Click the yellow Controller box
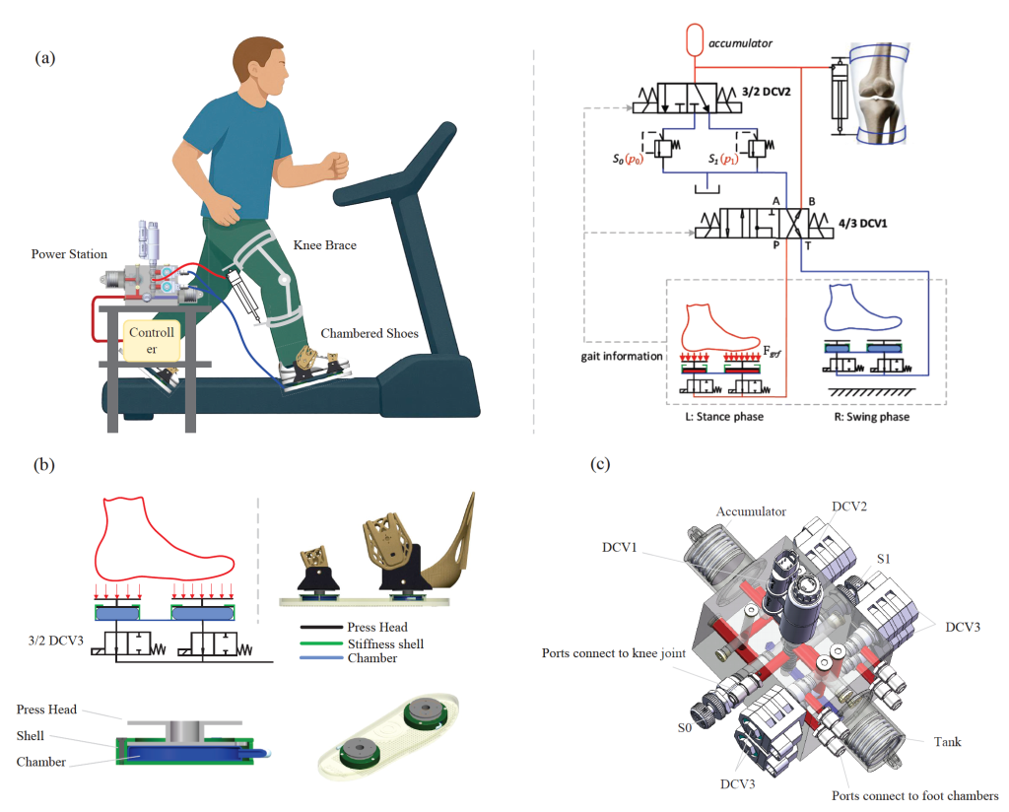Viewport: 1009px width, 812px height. click(152, 340)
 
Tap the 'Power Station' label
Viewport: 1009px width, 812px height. click(70, 254)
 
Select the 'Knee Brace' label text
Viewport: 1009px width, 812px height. click(325, 245)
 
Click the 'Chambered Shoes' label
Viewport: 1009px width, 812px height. click(370, 333)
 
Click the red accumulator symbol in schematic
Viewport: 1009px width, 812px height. click(695, 39)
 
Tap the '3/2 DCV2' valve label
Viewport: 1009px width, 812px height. click(767, 92)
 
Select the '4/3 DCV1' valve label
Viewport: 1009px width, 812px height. click(863, 224)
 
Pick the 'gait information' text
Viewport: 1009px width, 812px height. click(622, 356)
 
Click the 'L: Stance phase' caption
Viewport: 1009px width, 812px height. click(724, 416)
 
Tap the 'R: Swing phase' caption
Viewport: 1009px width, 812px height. click(872, 416)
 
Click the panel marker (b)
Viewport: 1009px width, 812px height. click(43, 464)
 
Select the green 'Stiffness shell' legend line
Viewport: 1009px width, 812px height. click(321, 643)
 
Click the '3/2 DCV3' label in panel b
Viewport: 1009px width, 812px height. click(56, 641)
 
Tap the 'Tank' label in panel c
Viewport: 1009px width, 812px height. click(947, 742)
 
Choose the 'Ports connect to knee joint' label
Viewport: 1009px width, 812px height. click(614, 653)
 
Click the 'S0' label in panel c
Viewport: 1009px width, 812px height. click(685, 727)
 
